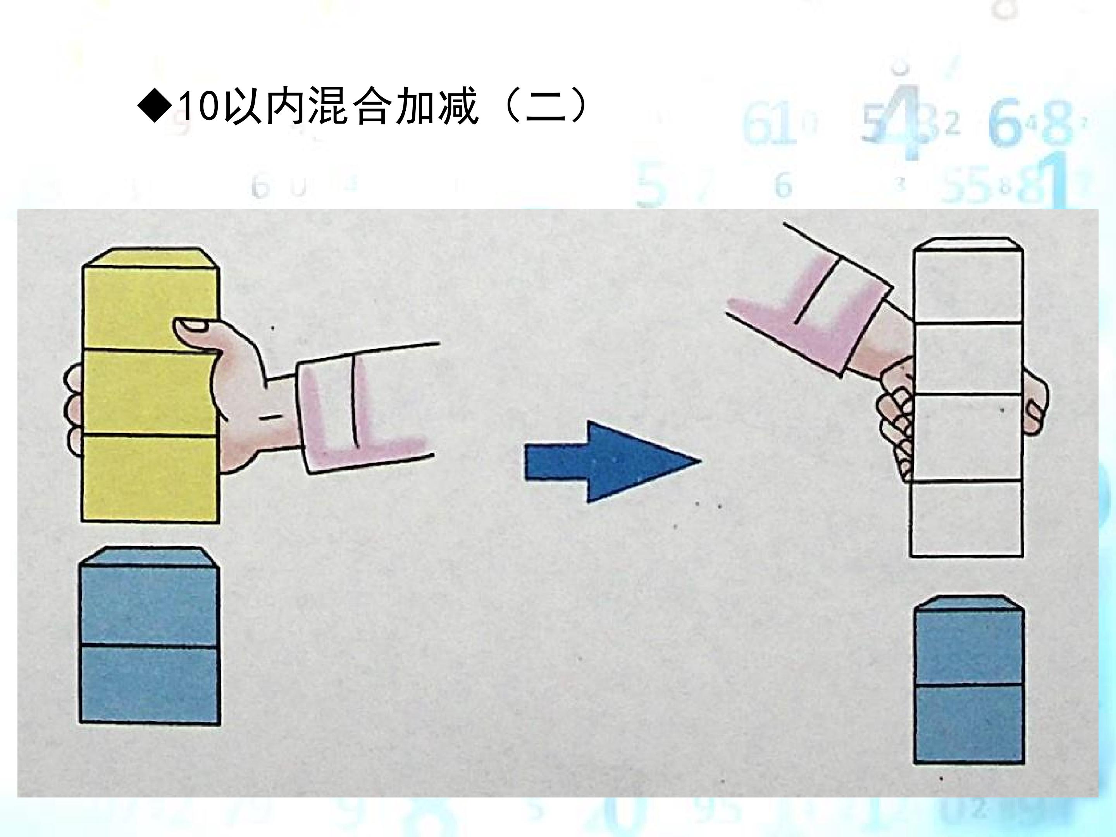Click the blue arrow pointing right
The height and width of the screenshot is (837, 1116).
[x=612, y=462]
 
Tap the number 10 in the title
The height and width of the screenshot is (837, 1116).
[x=199, y=107]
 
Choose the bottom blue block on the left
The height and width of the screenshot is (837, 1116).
[x=149, y=685]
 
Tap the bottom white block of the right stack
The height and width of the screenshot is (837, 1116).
[x=966, y=518]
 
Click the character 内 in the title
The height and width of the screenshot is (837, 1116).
[x=286, y=107]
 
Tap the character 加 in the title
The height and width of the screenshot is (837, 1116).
[x=416, y=107]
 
